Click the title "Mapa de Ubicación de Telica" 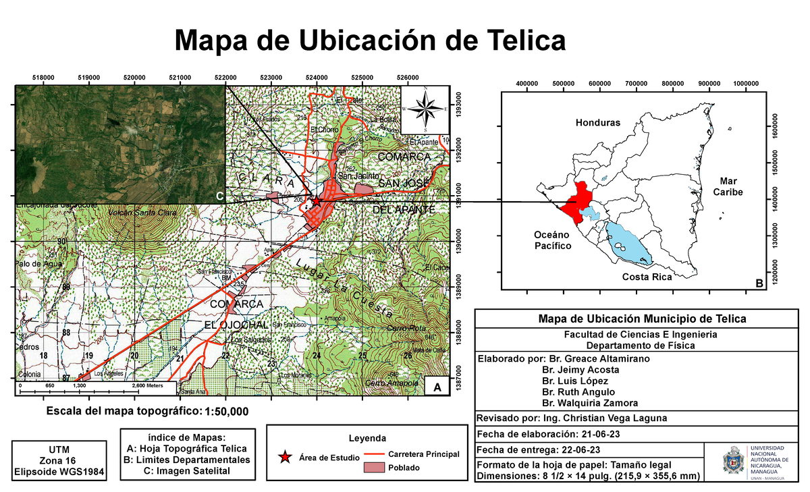[x=370, y=40]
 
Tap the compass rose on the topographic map [x=425, y=109]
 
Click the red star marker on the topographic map [x=316, y=200]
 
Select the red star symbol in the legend [x=286, y=458]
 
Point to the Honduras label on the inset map [x=597, y=123]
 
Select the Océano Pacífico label [x=552, y=240]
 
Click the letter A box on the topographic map [x=437, y=388]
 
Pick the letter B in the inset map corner [x=759, y=284]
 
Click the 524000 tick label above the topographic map [x=317, y=78]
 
